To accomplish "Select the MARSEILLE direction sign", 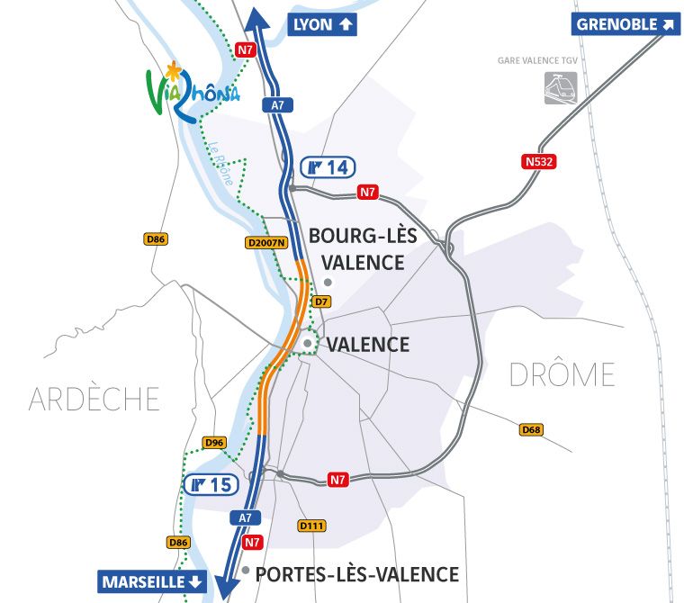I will coord(153,582).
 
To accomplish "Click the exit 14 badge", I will coord(328,167).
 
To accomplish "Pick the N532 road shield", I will coord(537,162).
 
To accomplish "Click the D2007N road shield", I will coord(265,242).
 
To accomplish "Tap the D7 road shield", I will coord(321,301).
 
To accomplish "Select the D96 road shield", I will coord(214,442).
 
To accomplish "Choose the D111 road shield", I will coord(310,526).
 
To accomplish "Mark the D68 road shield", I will coord(532,430).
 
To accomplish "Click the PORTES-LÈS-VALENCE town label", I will coord(357,574).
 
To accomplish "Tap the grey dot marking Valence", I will coord(308,344).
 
